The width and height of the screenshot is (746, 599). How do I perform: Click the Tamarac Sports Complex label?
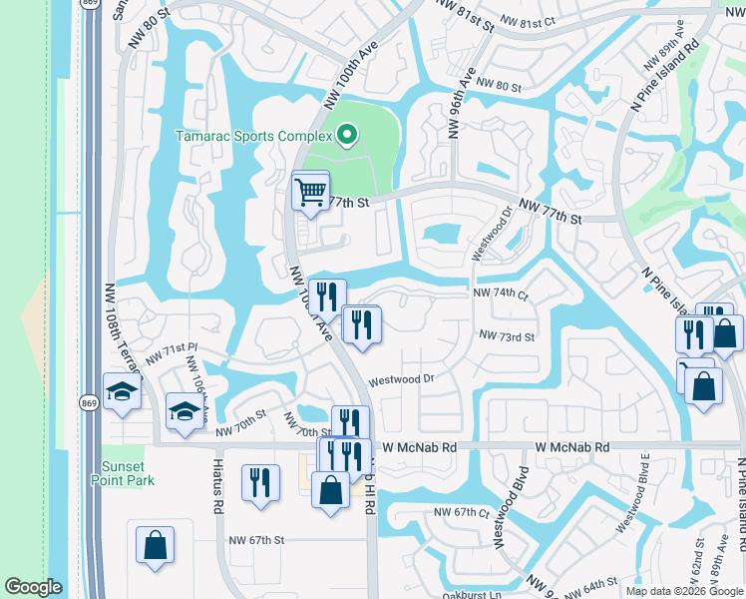pyautogui.click(x=253, y=135)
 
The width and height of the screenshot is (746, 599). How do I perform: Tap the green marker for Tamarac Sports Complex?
pyautogui.click(x=347, y=134)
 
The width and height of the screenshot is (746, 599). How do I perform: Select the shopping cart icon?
pyautogui.click(x=310, y=190)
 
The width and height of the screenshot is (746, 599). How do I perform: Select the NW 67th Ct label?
pyautogui.click(x=461, y=512)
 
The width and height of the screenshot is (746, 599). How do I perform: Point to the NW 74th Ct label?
pyautogui.click(x=500, y=294)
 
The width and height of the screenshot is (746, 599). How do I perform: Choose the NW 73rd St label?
pyautogui.click(x=507, y=337)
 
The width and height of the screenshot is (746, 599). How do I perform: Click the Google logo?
pyautogui.click(x=33, y=588)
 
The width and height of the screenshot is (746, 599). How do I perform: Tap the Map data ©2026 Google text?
pyautogui.click(x=685, y=591)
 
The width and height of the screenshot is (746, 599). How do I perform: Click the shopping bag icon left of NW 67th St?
pyautogui.click(x=156, y=545)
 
